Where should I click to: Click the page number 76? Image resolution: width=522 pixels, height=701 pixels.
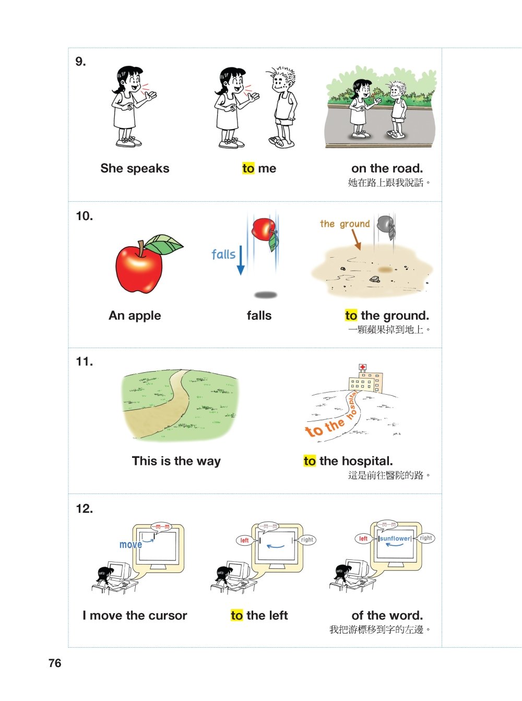55,663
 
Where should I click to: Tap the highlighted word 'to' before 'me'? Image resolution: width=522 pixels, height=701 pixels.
248,168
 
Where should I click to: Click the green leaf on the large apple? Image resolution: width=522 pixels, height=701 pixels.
163,244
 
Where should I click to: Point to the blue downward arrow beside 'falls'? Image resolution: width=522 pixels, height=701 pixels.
241,260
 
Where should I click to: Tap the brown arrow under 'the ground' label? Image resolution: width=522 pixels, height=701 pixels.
356,239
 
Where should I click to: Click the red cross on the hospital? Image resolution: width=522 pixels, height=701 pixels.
362,367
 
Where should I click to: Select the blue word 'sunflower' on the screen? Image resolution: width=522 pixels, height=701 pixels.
395,538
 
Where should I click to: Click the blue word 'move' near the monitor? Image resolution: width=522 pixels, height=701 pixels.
130,545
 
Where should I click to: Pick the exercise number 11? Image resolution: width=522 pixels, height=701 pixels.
84,362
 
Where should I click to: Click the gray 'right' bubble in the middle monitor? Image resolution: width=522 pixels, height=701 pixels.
307,539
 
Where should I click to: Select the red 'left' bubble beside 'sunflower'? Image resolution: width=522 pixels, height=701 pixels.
363,538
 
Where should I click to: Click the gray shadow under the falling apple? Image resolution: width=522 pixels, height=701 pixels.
266,295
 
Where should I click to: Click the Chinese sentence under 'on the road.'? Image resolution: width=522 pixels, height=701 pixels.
389,182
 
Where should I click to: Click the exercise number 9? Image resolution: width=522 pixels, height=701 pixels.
81,61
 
